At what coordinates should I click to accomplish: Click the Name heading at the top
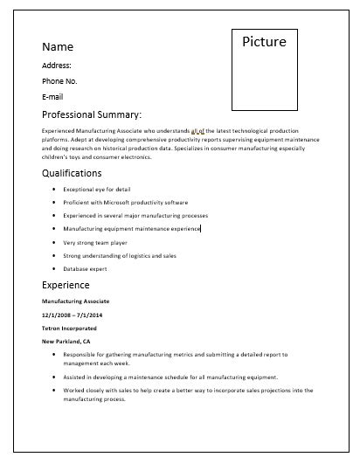tap(58, 46)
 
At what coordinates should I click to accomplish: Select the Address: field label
tap(57, 65)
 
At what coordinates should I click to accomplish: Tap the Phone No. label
tap(60, 80)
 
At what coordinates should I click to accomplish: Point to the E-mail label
tap(54, 96)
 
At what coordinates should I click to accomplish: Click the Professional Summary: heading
tap(92, 114)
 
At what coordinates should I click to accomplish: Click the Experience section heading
tap(66, 285)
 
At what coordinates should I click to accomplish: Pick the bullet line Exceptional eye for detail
tap(97, 189)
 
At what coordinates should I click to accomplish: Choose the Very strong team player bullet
tap(95, 243)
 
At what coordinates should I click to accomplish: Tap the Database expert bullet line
tap(85, 270)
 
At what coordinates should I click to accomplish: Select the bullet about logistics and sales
tap(120, 256)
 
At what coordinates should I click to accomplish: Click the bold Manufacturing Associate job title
tap(76, 301)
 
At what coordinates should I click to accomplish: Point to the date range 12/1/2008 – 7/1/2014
tap(72, 314)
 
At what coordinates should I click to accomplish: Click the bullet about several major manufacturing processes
tap(135, 215)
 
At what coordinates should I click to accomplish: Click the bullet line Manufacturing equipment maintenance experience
tap(132, 229)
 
